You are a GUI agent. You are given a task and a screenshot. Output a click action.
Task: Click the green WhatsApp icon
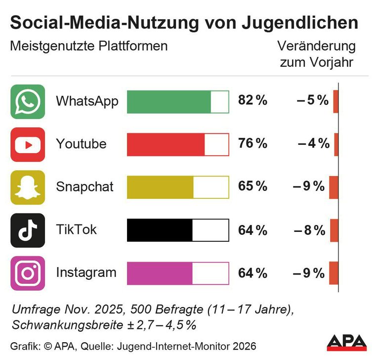tap(28, 102)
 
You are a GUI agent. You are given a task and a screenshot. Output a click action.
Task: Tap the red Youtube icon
tap(28, 144)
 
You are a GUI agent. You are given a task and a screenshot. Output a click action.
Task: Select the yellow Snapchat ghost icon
tap(28, 187)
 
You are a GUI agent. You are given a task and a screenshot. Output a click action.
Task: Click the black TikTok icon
tap(28, 230)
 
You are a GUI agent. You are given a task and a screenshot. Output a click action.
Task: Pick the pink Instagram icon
tap(28, 273)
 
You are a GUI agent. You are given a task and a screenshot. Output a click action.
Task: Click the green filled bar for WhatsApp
tap(169, 102)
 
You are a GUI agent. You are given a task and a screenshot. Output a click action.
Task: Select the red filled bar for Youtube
tap(166, 144)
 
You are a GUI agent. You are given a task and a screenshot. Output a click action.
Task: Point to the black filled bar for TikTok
tap(160, 230)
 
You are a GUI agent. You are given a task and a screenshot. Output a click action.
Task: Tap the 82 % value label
tap(252, 101)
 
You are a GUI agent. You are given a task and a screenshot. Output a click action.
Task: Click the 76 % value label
tap(252, 144)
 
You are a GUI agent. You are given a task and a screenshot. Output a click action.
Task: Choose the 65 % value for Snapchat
tap(252, 187)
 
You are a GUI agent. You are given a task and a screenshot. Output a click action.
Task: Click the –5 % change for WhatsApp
tap(313, 101)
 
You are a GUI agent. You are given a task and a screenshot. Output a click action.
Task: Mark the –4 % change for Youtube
tap(314, 144)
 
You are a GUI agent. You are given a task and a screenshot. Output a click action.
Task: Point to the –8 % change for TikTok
tap(310, 230)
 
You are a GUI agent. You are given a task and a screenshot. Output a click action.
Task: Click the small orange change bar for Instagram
tap(334, 273)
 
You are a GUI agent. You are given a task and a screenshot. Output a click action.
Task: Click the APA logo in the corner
tap(347, 343)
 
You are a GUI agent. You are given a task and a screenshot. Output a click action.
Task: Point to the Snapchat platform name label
tap(84, 187)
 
